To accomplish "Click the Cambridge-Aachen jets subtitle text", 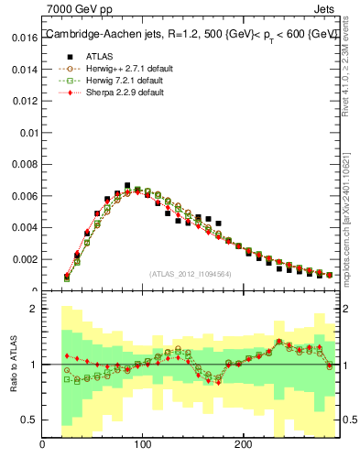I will [x=191, y=34].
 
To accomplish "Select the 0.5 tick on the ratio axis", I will [x=28, y=420].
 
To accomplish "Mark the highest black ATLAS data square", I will [x=127, y=185].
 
